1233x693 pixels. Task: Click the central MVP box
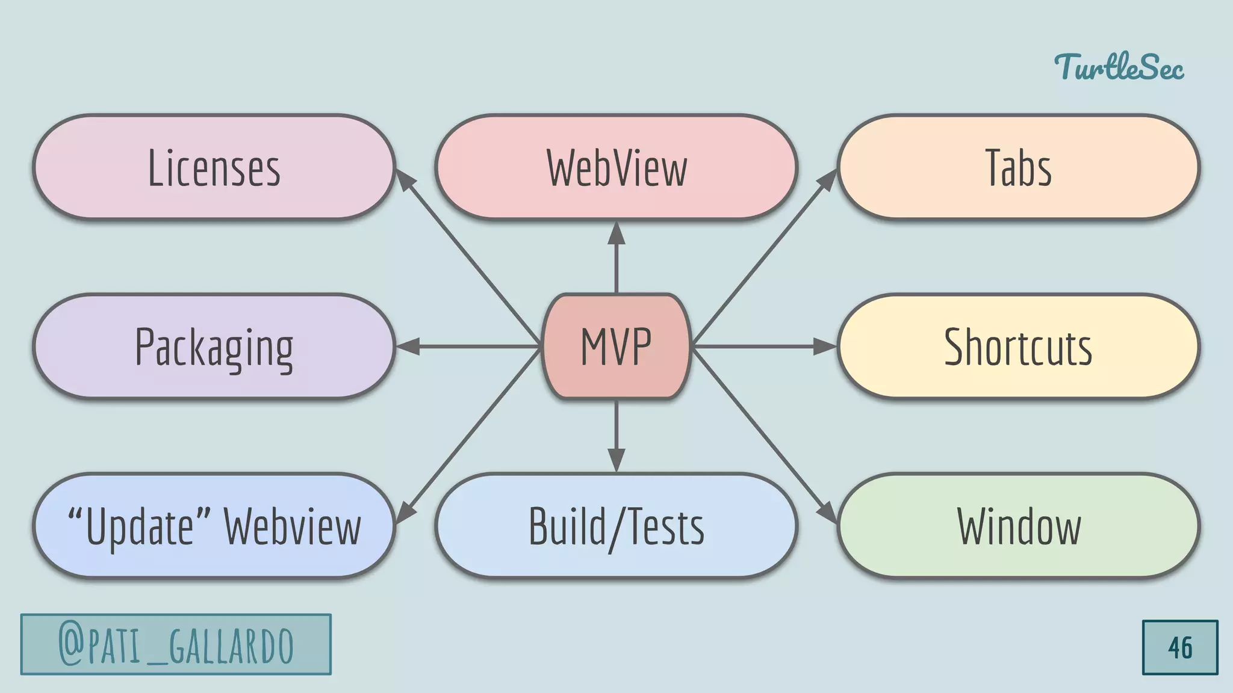616,346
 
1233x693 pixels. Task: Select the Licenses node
214,167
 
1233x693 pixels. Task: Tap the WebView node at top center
616,167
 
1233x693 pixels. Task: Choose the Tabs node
1018,167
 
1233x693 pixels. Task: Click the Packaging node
214,346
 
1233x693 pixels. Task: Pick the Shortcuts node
1018,346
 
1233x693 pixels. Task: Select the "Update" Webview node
214,526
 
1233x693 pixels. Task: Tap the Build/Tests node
616,526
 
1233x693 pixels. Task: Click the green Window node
1018,526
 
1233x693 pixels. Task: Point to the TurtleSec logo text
1119,67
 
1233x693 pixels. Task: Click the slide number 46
1179,647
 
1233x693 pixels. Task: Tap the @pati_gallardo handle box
176,644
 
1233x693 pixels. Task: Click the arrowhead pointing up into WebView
616,233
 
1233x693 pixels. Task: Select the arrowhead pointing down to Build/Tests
616,460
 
